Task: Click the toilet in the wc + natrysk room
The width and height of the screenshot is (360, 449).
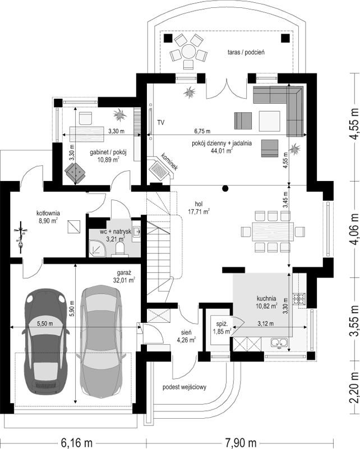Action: [x=119, y=248]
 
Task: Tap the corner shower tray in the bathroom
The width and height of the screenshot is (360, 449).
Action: [x=98, y=248]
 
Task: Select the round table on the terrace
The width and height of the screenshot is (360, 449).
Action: [x=188, y=51]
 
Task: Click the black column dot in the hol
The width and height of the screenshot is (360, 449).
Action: [x=225, y=188]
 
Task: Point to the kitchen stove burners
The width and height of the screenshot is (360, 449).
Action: [x=299, y=299]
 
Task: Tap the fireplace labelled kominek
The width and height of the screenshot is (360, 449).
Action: [x=161, y=169]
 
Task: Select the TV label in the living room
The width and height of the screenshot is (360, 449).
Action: [x=161, y=123]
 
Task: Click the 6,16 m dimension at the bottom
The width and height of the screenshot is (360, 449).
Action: [x=76, y=443]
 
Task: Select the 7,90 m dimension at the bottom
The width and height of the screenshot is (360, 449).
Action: [x=241, y=443]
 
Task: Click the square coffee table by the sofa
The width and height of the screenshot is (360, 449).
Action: [x=270, y=121]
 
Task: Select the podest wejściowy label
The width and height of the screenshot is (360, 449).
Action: [x=184, y=387]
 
